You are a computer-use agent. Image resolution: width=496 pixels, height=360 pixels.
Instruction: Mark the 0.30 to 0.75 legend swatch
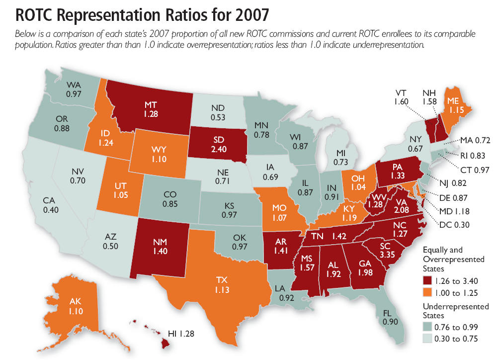[426, 339]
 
